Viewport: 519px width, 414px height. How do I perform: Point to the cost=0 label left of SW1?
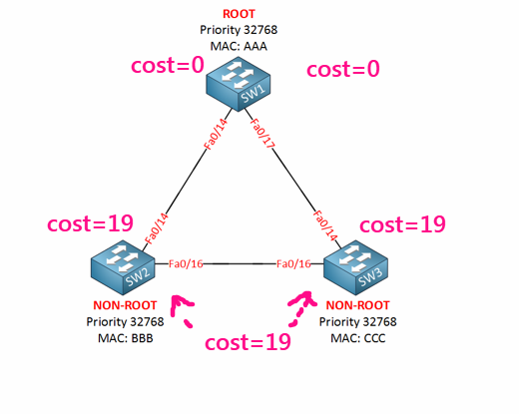point(168,67)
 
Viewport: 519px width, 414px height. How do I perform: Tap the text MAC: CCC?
point(357,337)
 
